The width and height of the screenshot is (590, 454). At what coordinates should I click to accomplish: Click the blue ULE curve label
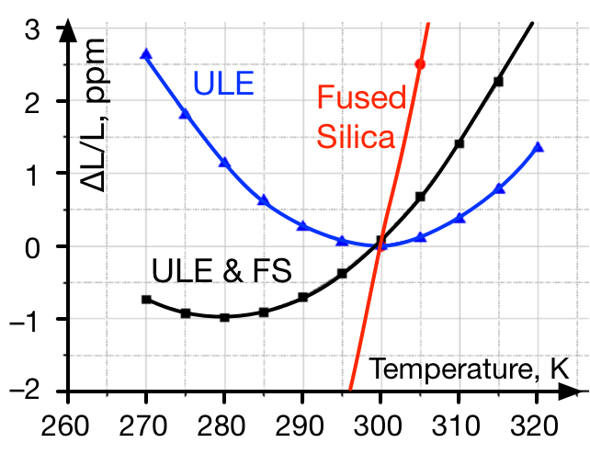coord(223,83)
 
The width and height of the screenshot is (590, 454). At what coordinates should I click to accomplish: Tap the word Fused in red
coord(361,97)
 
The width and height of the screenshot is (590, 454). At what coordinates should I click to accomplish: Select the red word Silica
coord(356,136)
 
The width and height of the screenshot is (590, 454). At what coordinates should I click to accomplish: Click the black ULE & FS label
coord(221,271)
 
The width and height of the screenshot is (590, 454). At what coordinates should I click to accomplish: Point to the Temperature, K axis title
coord(469,369)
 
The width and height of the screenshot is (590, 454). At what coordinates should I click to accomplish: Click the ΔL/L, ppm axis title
coord(94,115)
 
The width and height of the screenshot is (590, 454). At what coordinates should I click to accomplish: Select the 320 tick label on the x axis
coord(534,426)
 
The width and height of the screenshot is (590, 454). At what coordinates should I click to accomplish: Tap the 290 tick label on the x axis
coord(300,426)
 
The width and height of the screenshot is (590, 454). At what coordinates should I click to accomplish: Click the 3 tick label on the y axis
coord(32,29)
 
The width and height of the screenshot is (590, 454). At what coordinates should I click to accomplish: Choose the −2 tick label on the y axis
coord(25,391)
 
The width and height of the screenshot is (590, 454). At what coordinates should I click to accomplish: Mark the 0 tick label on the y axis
coord(32,249)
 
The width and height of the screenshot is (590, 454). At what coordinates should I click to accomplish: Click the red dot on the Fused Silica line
coord(420,64)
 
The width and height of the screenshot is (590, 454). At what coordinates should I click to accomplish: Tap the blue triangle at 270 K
coord(146,54)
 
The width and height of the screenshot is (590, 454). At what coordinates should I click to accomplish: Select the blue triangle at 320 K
coord(538,147)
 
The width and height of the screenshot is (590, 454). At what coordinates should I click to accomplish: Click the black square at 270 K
coord(146,300)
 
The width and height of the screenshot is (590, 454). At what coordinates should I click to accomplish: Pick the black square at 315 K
coord(498,81)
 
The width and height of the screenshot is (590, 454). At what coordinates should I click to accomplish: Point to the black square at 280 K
coord(224,317)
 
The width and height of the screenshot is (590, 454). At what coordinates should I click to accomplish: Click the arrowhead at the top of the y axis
coord(68,30)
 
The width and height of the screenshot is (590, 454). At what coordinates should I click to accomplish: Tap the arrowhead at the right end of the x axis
coord(570,392)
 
